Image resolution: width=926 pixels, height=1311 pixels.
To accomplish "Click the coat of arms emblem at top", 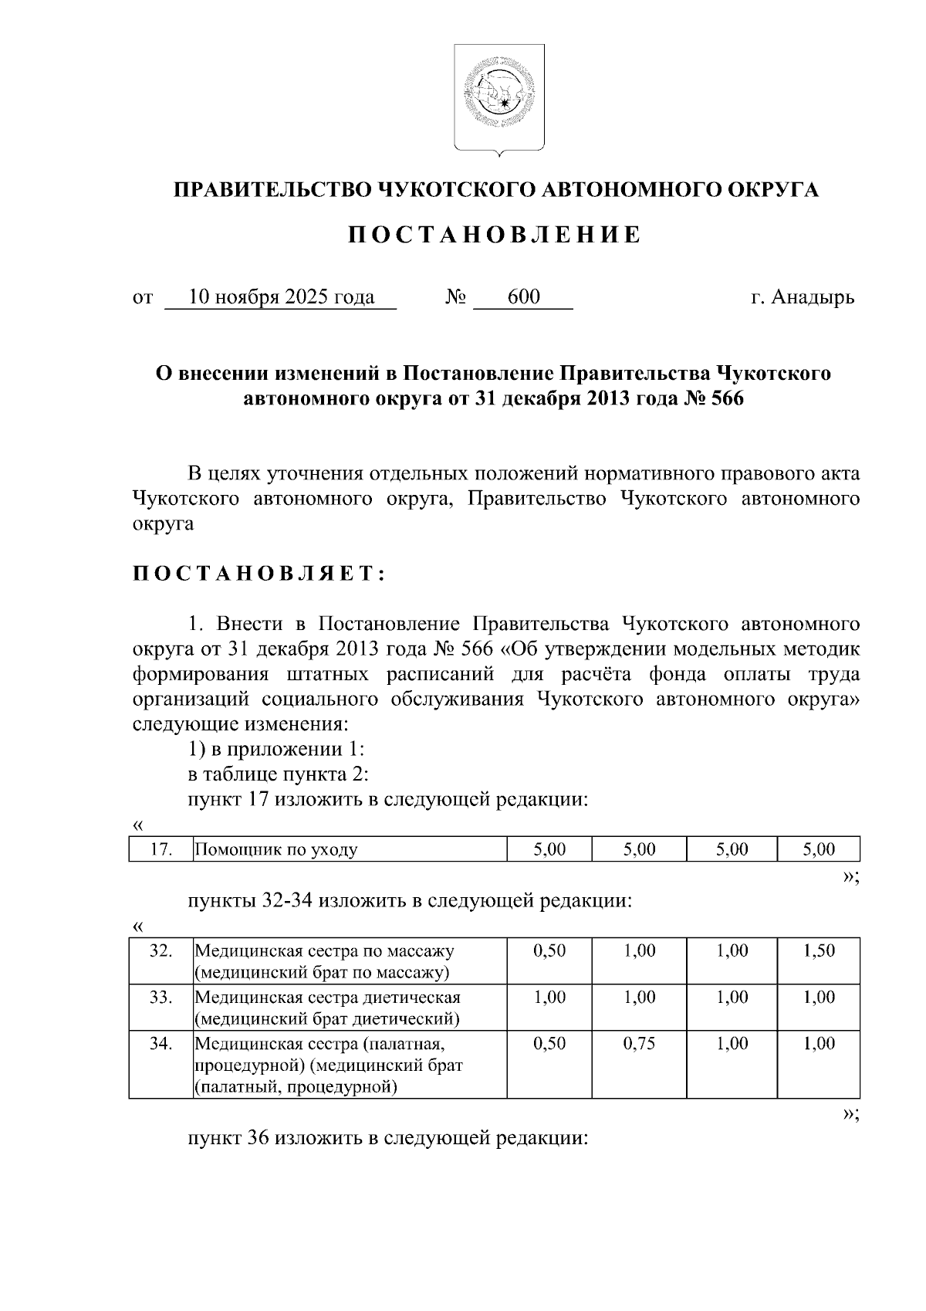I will point(498,97).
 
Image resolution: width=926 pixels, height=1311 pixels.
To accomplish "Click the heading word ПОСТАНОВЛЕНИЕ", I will point(494,235).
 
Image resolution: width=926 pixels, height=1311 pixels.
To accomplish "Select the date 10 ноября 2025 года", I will point(281,297).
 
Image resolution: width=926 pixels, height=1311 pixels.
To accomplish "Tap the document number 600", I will point(523,297).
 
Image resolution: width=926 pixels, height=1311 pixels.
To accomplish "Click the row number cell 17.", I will point(161,849).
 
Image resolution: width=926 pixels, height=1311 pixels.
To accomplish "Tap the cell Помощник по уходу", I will point(275,850).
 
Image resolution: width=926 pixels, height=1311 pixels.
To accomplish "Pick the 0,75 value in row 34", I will point(639,1043).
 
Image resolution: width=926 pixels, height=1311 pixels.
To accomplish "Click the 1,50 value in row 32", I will point(819,950).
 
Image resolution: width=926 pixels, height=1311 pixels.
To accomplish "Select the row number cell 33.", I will point(161,997).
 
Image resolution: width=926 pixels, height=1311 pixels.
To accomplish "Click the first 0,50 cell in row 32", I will point(549,950).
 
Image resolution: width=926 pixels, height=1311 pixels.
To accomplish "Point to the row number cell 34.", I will point(161,1043).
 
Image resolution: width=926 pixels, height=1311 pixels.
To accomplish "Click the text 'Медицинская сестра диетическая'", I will point(327,997).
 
